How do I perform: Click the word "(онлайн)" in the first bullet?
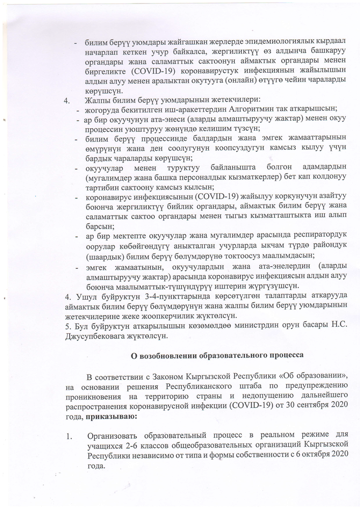point(252,82)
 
